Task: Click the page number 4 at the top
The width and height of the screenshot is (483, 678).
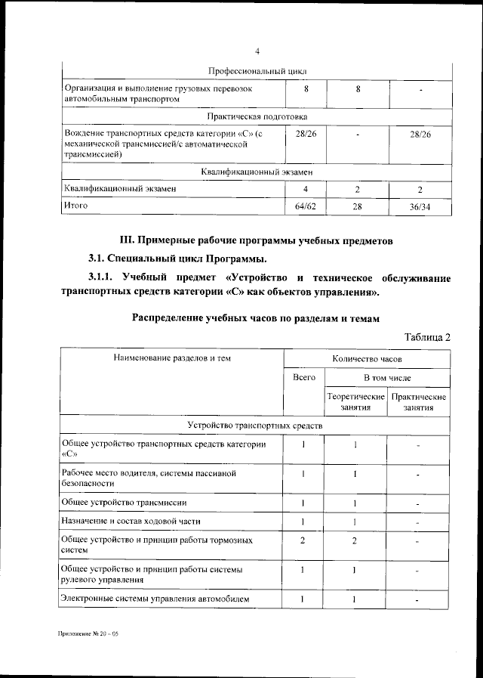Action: [257, 51]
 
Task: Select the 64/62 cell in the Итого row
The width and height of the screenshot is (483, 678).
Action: [305, 206]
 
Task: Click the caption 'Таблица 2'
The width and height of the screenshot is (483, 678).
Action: [427, 336]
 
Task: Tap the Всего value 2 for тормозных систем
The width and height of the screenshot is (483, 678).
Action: [303, 541]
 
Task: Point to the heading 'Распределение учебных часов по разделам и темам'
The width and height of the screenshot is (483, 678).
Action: [256, 317]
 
